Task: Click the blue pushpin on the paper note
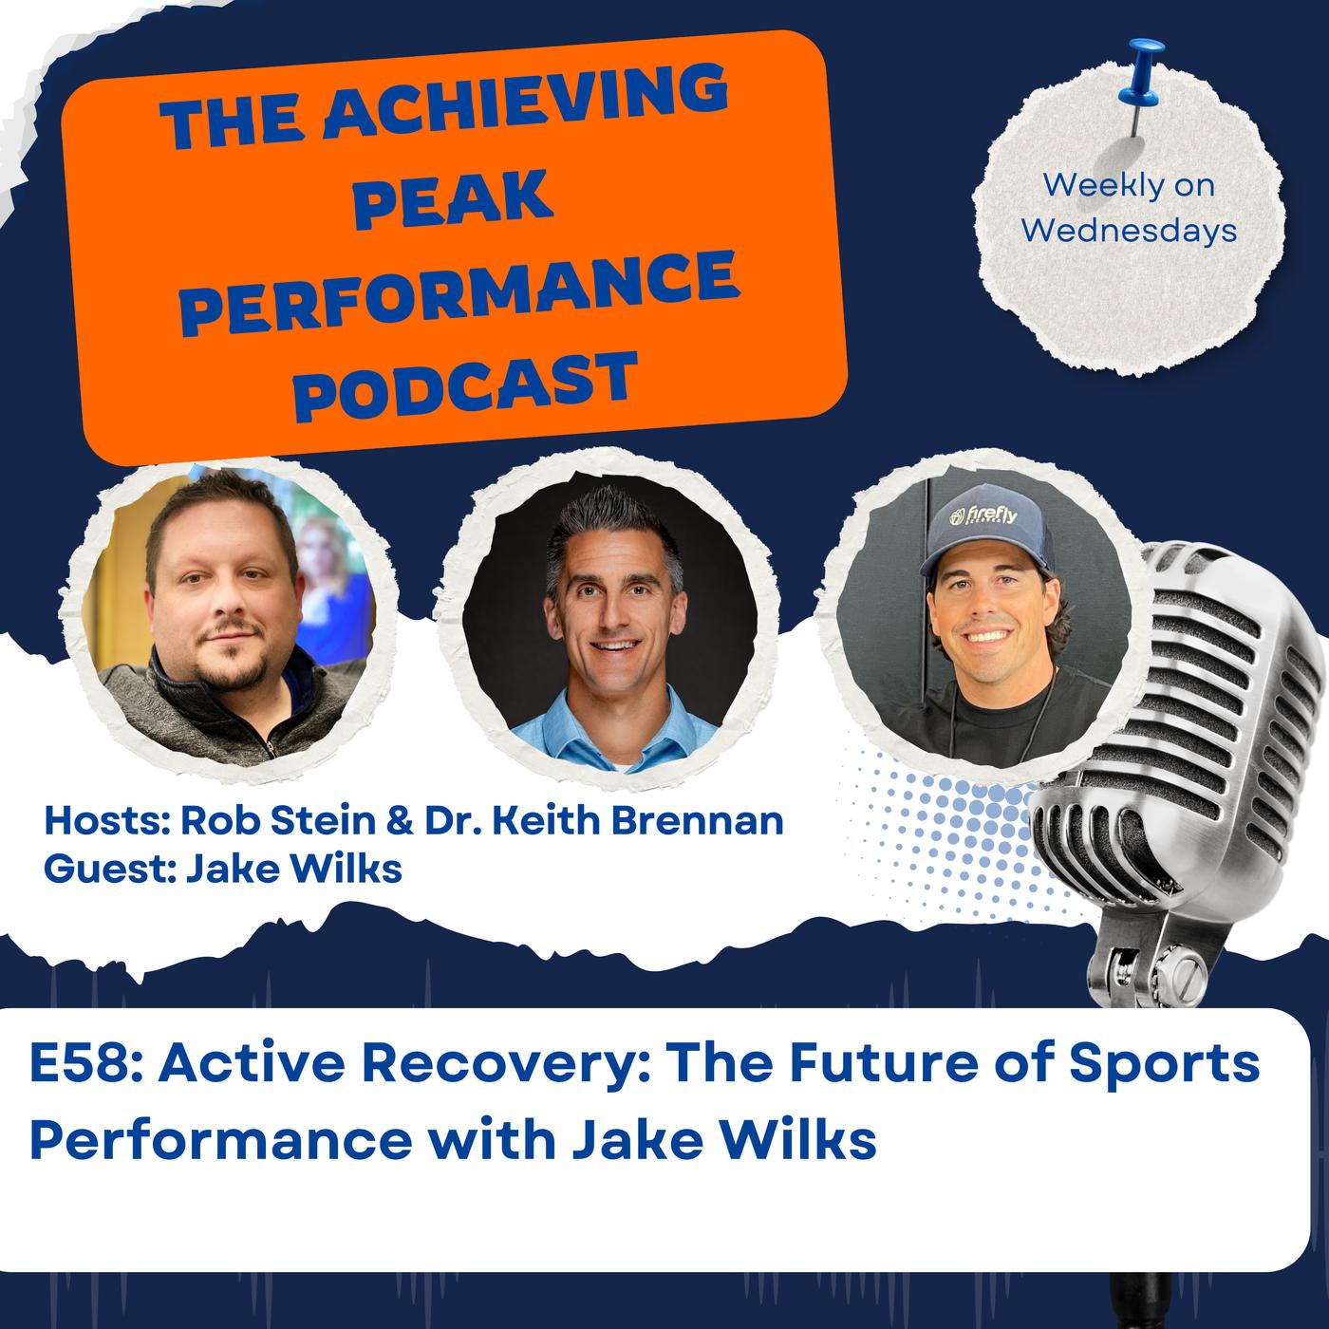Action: (x=1139, y=83)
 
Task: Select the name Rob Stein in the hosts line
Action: (x=278, y=821)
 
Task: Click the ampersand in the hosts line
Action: (x=401, y=821)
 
